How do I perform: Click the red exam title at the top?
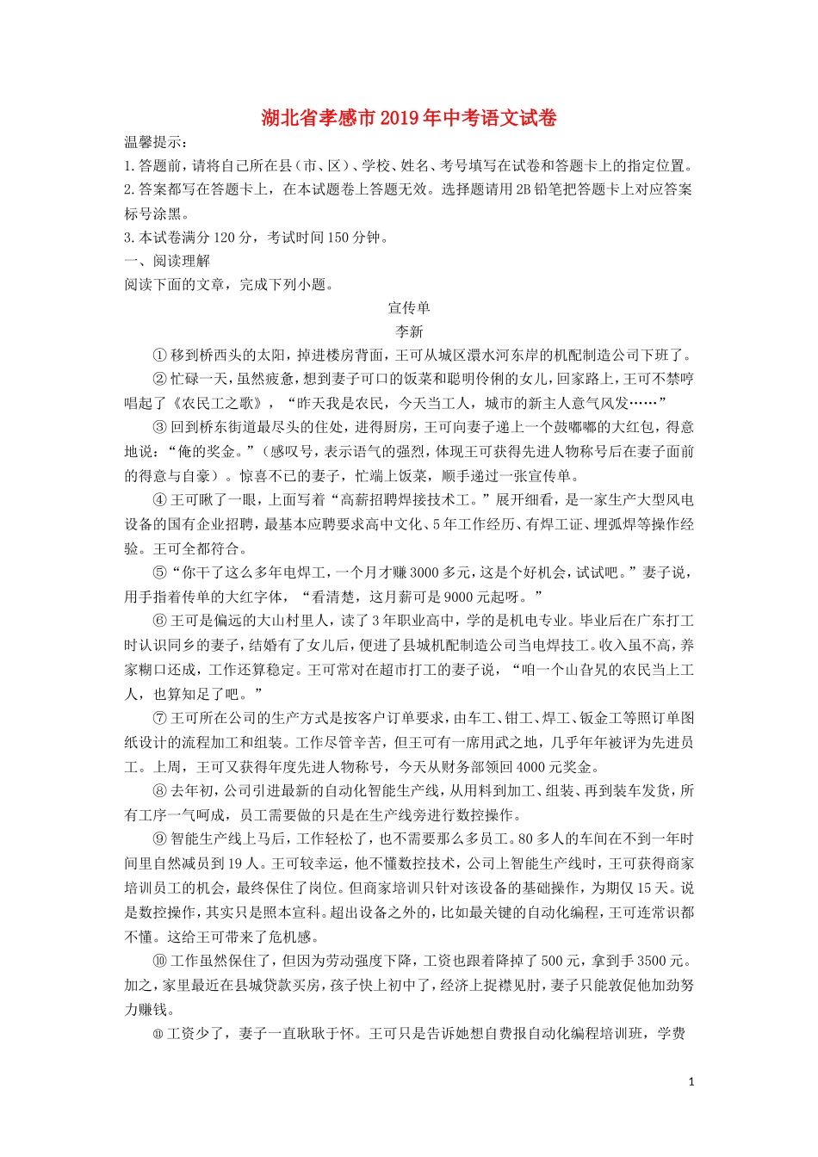[409, 118]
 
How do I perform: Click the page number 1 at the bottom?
[691, 1082]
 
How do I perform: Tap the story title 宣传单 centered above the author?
[409, 307]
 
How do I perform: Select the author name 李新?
[409, 331]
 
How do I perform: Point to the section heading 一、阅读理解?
[167, 261]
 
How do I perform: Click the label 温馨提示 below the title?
[155, 142]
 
